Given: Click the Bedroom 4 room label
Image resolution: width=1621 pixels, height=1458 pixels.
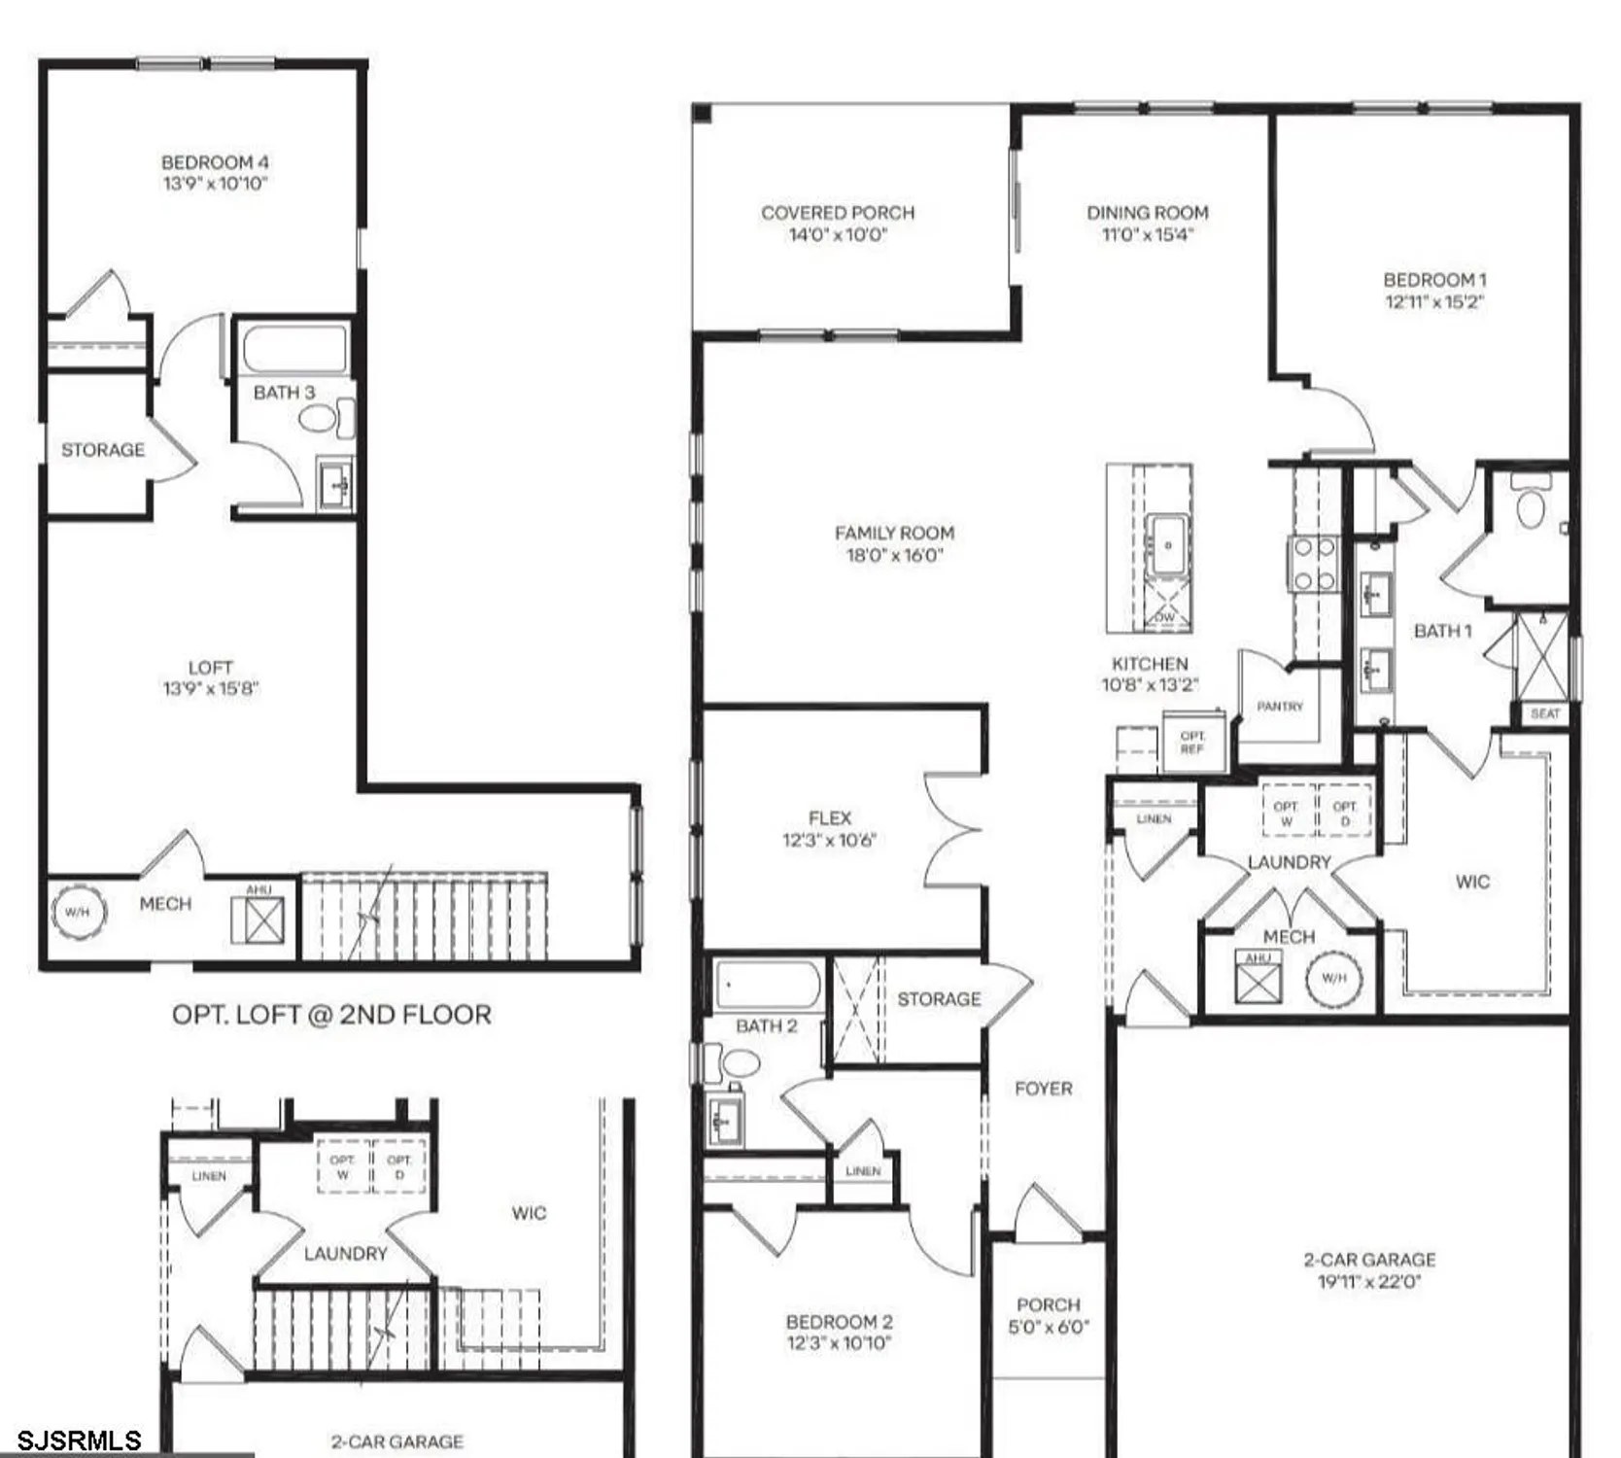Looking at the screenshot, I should pyautogui.click(x=215, y=162).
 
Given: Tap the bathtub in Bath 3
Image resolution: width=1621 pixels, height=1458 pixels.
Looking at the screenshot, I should pyautogui.click(x=294, y=350).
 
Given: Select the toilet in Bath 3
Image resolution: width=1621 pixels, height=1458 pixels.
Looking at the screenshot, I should pyautogui.click(x=318, y=419).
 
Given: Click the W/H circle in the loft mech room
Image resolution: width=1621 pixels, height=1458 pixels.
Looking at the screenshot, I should pyautogui.click(x=78, y=912).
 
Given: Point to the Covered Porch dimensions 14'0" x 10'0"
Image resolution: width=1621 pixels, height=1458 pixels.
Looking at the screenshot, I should pyautogui.click(x=838, y=234).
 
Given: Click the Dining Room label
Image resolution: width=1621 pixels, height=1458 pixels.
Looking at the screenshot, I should pyautogui.click(x=1147, y=212).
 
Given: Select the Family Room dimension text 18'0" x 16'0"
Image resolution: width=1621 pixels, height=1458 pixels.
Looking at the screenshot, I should pyautogui.click(x=894, y=555).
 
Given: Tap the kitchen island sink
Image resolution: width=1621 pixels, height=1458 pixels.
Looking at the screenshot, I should pyautogui.click(x=1167, y=546).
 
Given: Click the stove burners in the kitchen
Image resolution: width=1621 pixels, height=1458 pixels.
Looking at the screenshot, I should pyautogui.click(x=1313, y=565).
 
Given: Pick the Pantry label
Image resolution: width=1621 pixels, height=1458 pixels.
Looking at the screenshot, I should pyautogui.click(x=1280, y=707).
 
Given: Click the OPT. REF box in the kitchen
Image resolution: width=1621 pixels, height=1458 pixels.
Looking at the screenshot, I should pyautogui.click(x=1192, y=742).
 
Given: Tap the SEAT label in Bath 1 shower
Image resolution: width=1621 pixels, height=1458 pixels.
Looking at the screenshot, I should pyautogui.click(x=1544, y=713).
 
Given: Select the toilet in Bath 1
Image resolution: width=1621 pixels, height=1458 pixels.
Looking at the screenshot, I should pyautogui.click(x=1531, y=508).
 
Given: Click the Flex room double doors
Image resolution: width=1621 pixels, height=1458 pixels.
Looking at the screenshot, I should pyautogui.click(x=952, y=829).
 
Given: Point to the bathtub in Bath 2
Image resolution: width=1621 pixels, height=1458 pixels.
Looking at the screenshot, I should pyautogui.click(x=767, y=986).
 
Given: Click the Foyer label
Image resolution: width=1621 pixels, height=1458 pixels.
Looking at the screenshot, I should pyautogui.click(x=1043, y=1089).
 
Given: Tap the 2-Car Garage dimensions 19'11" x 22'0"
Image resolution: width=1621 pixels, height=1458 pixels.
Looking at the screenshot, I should pyautogui.click(x=1368, y=1282).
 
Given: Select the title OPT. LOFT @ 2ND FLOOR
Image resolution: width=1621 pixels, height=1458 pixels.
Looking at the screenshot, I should pyautogui.click(x=331, y=1015).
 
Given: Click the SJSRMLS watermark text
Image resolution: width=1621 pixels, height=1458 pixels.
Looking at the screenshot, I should pyautogui.click(x=80, y=1441).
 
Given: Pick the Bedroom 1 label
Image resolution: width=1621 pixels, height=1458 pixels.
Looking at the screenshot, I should pyautogui.click(x=1434, y=280).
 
